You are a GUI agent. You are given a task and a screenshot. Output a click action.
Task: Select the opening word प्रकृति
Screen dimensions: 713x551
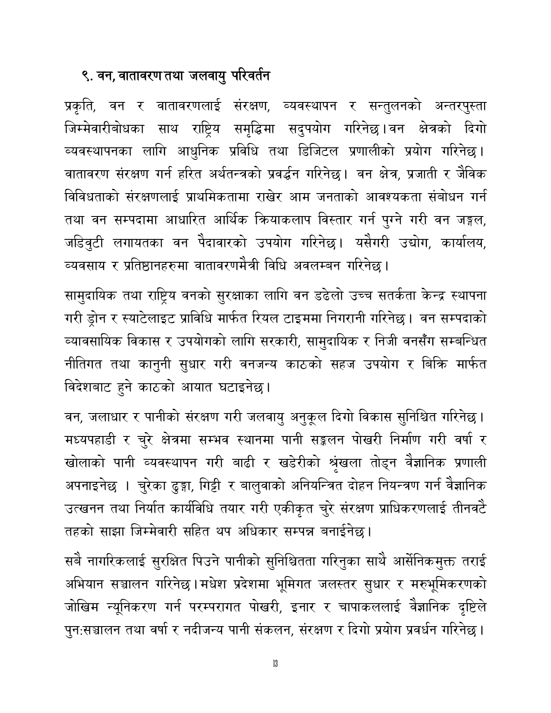[83, 106]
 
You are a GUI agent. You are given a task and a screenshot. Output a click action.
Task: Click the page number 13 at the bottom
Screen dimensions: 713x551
[275, 675]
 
